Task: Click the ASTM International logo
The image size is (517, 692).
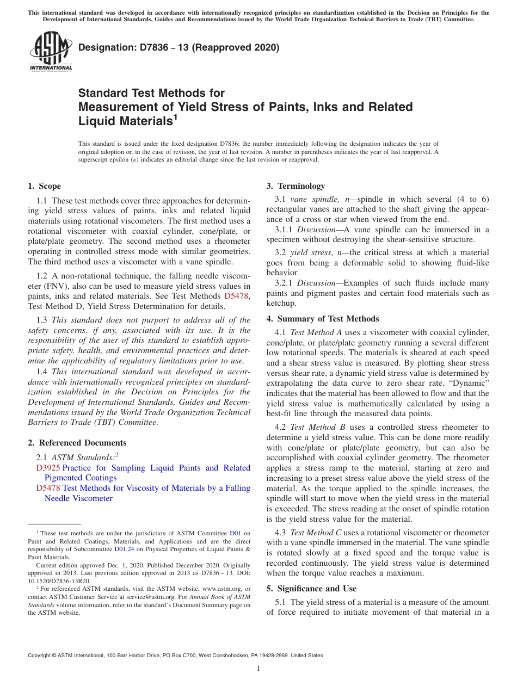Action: (50, 52)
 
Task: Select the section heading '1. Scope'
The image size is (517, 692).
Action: (45, 186)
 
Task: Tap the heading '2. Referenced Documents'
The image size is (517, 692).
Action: (77, 443)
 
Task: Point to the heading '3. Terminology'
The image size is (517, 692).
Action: (296, 186)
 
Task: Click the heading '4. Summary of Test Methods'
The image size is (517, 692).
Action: (323, 319)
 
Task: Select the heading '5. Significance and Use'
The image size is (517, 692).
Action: (311, 589)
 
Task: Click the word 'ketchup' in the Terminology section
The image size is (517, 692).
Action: (281, 304)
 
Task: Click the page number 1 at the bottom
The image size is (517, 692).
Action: (258, 669)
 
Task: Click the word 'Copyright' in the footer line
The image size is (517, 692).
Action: (41, 656)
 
